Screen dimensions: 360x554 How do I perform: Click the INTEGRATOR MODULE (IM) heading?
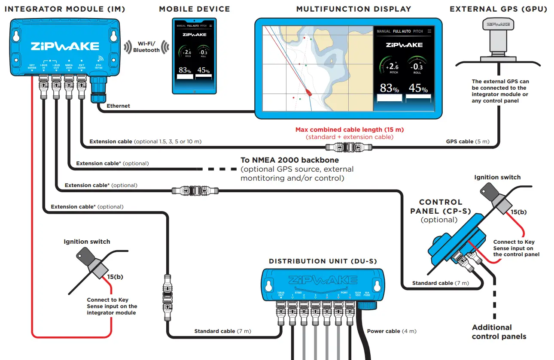pos(64,9)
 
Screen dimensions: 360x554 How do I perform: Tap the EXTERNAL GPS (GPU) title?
pos(498,9)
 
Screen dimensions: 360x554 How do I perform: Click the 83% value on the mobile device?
pos(185,70)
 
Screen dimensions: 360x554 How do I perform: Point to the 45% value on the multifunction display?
pos(418,88)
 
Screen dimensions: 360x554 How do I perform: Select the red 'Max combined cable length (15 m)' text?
pos(349,130)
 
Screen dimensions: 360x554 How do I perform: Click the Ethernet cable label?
pos(119,106)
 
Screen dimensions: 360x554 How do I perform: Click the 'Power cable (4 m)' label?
pos(391,331)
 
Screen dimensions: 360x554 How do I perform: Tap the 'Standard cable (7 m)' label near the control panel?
pos(440,283)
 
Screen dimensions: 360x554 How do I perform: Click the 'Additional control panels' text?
pos(499,332)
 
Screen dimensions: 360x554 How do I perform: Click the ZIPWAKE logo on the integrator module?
pos(64,46)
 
